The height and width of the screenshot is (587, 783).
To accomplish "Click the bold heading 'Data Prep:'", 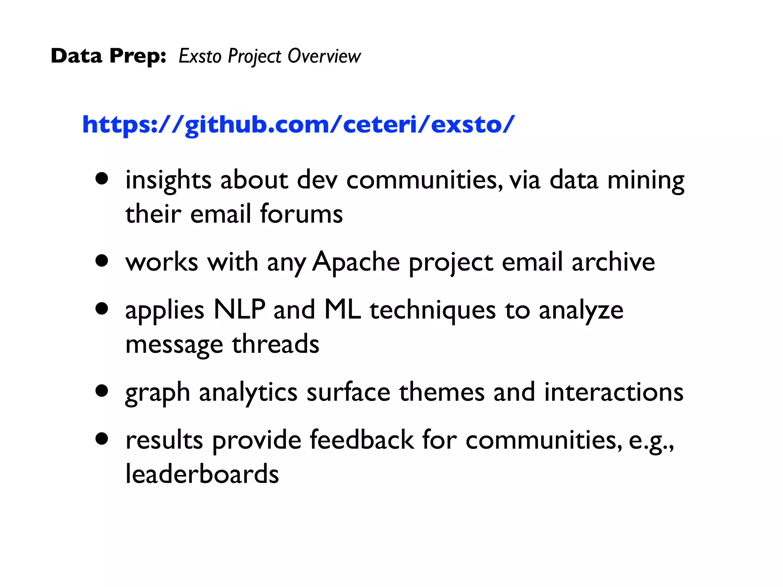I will tap(108, 56).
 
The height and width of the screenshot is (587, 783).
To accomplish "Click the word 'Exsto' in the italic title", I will tap(200, 56).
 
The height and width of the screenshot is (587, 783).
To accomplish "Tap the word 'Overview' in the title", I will tap(324, 56).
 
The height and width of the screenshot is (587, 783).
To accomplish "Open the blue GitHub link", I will tap(298, 125).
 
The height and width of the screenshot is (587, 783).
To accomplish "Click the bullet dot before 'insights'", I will tap(102, 178).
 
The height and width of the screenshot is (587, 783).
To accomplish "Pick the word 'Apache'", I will tap(356, 262).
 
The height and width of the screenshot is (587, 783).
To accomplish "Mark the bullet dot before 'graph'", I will tap(102, 391).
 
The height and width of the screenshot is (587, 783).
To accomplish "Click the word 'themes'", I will tap(442, 392).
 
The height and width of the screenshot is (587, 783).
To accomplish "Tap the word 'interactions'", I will tap(614, 392).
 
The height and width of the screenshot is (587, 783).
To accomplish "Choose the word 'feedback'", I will tap(361, 440).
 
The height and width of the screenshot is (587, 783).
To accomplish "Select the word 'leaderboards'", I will tap(202, 474).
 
